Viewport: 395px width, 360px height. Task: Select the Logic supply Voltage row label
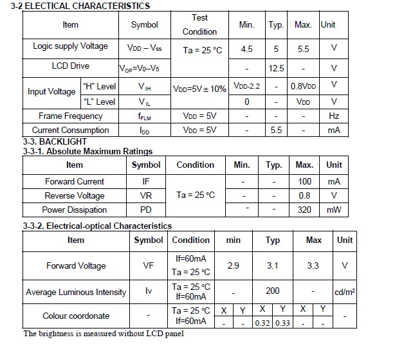(x=71, y=46)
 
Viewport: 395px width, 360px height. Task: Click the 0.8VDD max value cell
(x=303, y=85)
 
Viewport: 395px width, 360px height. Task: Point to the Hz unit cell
(x=333, y=116)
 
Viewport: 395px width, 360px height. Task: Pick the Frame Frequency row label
(x=70, y=116)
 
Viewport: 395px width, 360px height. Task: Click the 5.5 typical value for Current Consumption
(x=277, y=130)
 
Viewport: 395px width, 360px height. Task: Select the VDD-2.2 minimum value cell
(x=246, y=85)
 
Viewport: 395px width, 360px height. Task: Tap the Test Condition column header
(x=199, y=24)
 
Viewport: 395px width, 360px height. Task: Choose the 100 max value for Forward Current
(x=304, y=182)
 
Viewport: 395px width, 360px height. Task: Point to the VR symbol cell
(x=146, y=195)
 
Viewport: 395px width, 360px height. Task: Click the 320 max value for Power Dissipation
(x=304, y=210)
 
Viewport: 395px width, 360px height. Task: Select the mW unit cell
(x=334, y=210)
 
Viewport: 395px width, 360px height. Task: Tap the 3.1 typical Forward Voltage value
(x=273, y=265)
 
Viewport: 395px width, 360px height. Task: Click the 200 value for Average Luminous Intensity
(x=273, y=291)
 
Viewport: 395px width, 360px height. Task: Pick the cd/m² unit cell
(x=345, y=292)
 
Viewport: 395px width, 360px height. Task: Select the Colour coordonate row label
(x=76, y=316)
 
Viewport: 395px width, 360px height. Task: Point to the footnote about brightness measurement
(x=104, y=334)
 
